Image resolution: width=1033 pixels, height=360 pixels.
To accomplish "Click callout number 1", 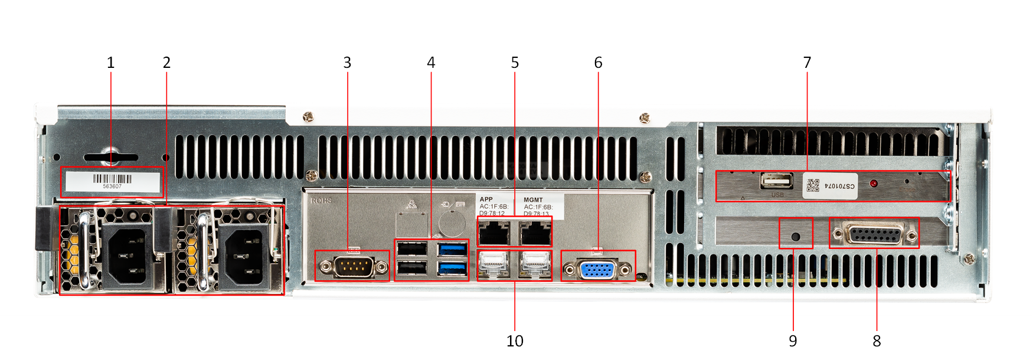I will click(110, 63).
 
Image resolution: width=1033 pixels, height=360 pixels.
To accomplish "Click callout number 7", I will click(807, 63).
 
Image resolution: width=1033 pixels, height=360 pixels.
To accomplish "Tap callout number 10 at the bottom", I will click(515, 341).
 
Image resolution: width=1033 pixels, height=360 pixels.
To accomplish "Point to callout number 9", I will click(793, 341).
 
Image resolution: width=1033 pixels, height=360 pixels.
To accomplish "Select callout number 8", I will click(877, 341).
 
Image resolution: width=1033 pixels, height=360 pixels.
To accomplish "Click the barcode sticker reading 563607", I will click(112, 181).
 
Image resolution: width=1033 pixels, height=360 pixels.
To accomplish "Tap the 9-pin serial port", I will click(353, 267).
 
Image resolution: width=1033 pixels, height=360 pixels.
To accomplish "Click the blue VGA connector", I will click(597, 270).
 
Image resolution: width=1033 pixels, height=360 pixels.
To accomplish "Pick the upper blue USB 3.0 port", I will click(452, 248).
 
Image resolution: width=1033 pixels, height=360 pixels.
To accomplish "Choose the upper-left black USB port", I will click(412, 248).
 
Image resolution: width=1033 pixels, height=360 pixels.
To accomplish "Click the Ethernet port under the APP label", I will click(493, 233).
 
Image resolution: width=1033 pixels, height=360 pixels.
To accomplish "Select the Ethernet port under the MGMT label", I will click(535, 233).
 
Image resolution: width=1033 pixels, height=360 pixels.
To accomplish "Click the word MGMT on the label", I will click(533, 200).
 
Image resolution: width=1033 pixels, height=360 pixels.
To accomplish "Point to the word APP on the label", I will click(486, 199).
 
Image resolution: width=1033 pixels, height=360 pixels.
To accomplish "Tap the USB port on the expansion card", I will click(776, 181).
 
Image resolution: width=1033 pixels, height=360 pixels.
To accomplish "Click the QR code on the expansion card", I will click(813, 185).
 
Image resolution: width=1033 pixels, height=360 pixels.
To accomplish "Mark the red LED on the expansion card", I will click(873, 184).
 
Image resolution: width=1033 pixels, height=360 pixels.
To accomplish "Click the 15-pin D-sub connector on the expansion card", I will click(875, 235).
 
